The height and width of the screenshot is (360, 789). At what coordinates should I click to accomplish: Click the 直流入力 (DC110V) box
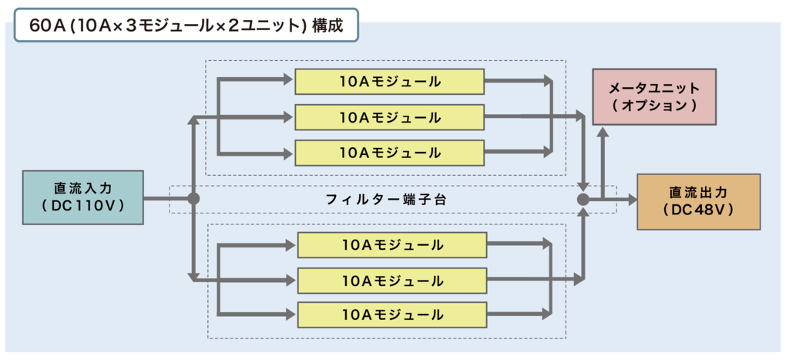tap(83, 197)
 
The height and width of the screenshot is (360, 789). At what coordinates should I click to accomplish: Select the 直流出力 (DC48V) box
tap(698, 202)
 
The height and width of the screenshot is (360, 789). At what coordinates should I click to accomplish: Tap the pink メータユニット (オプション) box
tap(654, 96)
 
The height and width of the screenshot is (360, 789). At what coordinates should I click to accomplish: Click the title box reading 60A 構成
tap(186, 24)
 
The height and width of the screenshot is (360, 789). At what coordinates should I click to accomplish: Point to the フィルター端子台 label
tap(386, 200)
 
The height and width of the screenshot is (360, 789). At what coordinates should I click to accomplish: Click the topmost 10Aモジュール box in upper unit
tap(389, 82)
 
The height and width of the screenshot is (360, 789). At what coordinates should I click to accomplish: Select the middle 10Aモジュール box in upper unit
tap(389, 117)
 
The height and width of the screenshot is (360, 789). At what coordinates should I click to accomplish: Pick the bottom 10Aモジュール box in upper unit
tap(389, 153)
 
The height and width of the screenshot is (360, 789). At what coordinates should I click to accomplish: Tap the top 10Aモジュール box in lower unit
tap(392, 245)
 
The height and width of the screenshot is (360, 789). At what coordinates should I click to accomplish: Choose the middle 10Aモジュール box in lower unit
tap(392, 281)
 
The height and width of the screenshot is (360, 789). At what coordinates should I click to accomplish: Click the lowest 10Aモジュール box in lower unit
tap(392, 315)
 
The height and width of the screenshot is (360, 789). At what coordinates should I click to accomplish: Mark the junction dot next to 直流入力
tap(193, 199)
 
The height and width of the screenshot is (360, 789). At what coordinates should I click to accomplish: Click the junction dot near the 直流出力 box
tap(583, 200)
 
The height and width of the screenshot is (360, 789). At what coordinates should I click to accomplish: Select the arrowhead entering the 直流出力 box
tap(632, 200)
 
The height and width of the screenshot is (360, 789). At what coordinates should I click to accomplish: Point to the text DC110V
tap(83, 207)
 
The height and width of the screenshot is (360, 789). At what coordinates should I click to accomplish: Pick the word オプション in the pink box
tap(654, 106)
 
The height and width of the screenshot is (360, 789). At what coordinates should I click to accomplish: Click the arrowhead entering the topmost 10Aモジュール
tap(289, 79)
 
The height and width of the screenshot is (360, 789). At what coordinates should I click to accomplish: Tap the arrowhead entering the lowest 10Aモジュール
tap(292, 315)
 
